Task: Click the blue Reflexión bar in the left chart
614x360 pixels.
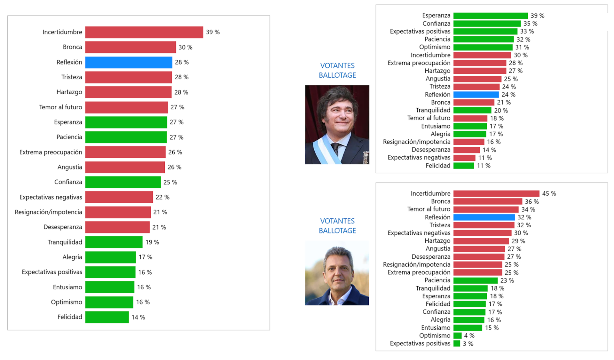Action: click(129, 62)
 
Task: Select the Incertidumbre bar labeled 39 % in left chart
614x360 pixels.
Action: click(144, 32)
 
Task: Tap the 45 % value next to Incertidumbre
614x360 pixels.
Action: click(549, 194)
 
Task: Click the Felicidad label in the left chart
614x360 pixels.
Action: click(70, 317)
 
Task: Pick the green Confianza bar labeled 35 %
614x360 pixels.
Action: click(487, 24)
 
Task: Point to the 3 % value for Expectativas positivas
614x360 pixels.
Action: click(468, 344)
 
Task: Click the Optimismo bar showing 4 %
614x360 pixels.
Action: click(457, 336)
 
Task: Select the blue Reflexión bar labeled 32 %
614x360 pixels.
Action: click(484, 217)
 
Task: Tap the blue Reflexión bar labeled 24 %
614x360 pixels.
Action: click(476, 95)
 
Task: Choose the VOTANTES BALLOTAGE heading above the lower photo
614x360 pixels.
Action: click(337, 226)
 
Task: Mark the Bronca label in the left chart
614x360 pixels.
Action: click(72, 47)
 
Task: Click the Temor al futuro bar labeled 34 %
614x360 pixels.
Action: click(486, 209)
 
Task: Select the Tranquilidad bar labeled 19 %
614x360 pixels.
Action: click(114, 242)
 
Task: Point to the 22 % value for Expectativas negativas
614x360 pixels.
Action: click(162, 197)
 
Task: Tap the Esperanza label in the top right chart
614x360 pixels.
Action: click(436, 16)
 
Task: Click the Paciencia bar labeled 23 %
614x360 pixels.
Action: click(475, 280)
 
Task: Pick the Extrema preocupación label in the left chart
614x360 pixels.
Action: click(51, 152)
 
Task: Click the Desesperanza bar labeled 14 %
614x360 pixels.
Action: click(466, 150)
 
